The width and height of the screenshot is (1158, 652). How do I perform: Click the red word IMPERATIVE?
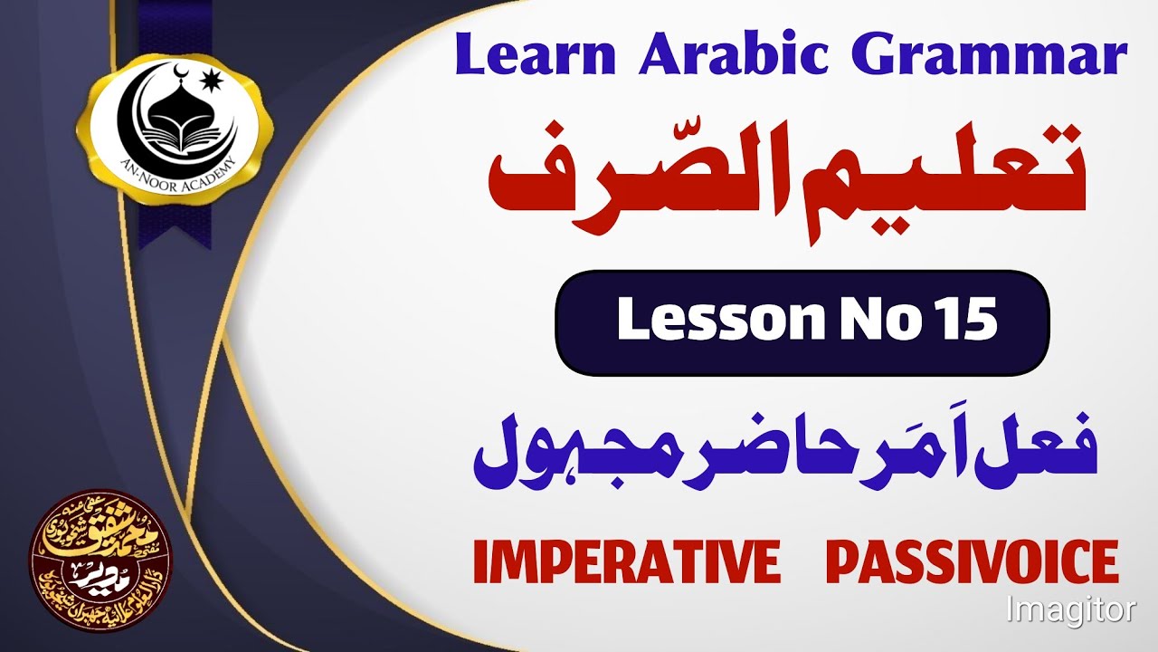coord(626,561)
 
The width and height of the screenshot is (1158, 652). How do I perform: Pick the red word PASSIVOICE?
coord(972,561)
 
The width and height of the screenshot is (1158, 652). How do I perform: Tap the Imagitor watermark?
coord(1071,609)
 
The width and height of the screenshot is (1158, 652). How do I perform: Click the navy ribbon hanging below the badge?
coord(172,222)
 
